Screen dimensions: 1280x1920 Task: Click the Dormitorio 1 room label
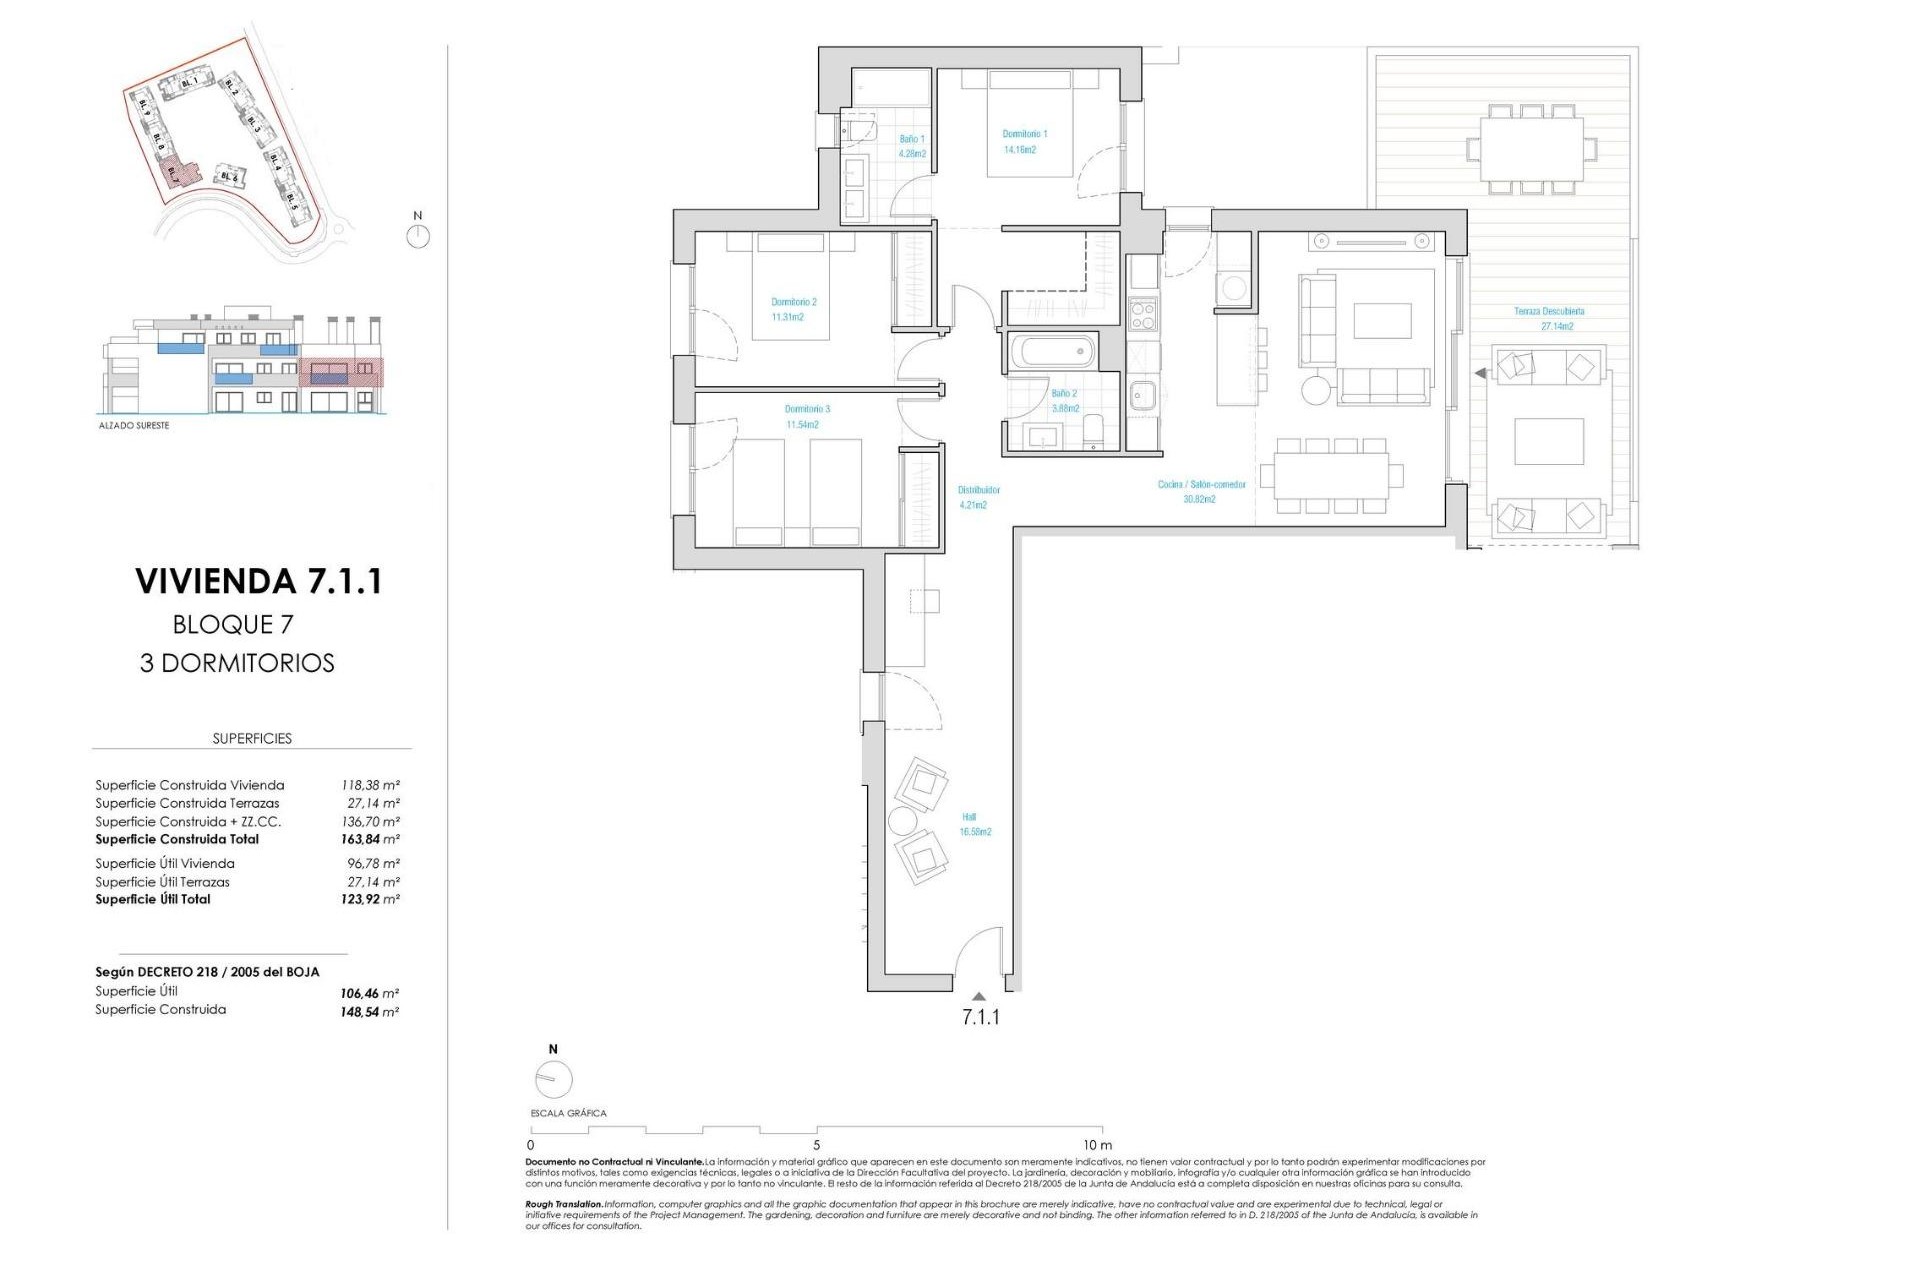[1025, 134]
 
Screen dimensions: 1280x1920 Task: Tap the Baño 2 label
[1065, 394]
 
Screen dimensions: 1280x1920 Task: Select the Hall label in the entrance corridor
[969, 817]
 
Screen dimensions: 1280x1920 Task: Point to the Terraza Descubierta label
[1549, 312]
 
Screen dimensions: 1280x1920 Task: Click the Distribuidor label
[978, 490]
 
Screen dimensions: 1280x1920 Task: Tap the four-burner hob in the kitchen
[1142, 316]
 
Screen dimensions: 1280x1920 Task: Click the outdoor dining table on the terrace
[1531, 148]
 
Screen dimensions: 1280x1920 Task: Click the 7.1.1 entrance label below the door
[980, 1017]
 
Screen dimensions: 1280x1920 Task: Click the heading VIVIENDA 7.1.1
[259, 581]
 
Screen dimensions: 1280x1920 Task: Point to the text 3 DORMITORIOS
[237, 663]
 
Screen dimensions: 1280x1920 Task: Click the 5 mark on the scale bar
[817, 1145]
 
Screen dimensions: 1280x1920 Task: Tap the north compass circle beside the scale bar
[553, 1080]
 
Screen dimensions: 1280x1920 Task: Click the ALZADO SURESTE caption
[134, 426]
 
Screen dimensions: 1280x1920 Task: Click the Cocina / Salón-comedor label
[1201, 485]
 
